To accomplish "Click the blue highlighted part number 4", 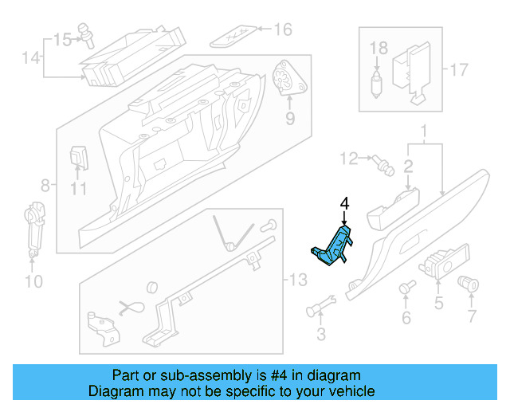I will (x=333, y=246).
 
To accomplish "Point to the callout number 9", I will (x=290, y=119).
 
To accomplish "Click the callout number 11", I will (x=77, y=190).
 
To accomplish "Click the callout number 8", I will (x=45, y=186).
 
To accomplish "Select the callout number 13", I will (x=298, y=281).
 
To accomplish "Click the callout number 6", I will (x=406, y=319).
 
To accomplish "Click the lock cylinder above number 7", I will (x=468, y=282).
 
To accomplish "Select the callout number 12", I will (x=350, y=160).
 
